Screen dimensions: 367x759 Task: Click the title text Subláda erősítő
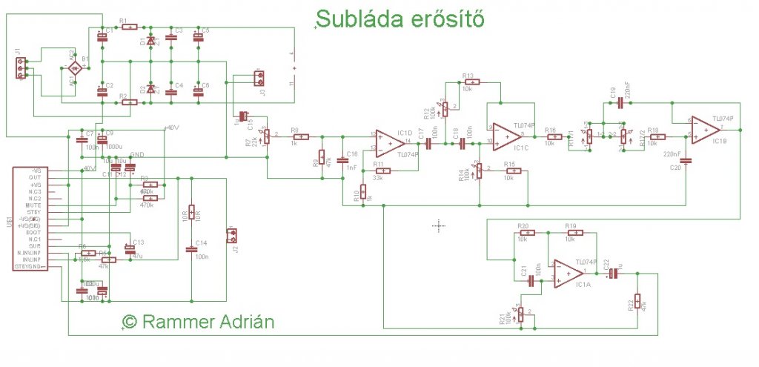click(401, 19)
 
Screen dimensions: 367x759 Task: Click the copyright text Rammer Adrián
click(198, 323)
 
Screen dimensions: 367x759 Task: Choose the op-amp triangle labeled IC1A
click(566, 272)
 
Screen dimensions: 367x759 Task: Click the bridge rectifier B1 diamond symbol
click(75, 67)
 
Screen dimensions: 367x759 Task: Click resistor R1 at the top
click(129, 27)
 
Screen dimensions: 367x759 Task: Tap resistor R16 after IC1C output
click(552, 136)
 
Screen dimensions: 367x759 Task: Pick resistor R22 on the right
click(637, 304)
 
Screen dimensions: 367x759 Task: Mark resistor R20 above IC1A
click(523, 233)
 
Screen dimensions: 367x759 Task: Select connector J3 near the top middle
click(258, 78)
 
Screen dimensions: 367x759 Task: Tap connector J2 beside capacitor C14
click(233, 236)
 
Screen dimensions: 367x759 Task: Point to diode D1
click(150, 42)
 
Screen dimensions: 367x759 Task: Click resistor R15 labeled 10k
click(510, 171)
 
